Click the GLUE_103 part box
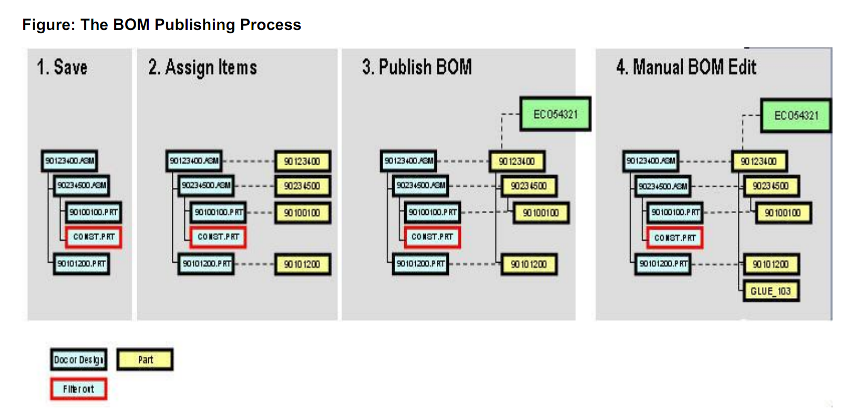click(x=771, y=291)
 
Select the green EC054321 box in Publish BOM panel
click(x=555, y=114)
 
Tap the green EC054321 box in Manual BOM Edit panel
click(x=796, y=115)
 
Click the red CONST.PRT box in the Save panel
click(x=94, y=237)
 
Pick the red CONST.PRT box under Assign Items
click(x=218, y=237)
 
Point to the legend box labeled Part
click(x=145, y=360)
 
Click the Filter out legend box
click(x=78, y=389)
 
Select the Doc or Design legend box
click(x=79, y=360)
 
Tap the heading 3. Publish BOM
click(x=416, y=67)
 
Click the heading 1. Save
click(x=62, y=67)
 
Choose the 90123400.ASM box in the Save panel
click(x=69, y=161)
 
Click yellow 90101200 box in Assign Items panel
click(x=302, y=264)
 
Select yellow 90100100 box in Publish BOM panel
click(x=540, y=213)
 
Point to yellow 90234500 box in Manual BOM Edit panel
click(x=771, y=186)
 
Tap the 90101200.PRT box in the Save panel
click(x=81, y=263)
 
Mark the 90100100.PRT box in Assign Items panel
click(x=219, y=212)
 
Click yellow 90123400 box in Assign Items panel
click(x=302, y=161)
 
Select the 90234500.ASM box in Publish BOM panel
click(x=421, y=185)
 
